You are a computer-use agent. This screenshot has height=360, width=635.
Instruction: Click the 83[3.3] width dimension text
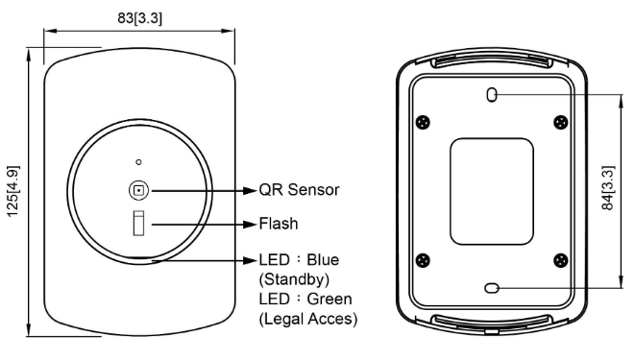coord(139,18)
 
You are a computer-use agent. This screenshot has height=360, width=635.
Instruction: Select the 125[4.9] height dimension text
coord(12,191)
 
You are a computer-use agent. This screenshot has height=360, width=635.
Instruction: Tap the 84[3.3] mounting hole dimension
coord(608,188)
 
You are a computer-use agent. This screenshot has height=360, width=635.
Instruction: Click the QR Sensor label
coord(300,190)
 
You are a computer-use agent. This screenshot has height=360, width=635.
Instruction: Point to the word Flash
coord(279,224)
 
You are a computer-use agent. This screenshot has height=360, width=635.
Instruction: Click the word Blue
coord(323,260)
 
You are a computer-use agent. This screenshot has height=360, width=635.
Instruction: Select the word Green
coord(330,299)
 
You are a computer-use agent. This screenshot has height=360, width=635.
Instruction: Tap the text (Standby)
coord(294,279)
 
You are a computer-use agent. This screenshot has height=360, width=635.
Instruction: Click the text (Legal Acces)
coord(308,319)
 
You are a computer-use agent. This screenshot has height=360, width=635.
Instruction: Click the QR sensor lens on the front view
coord(139,190)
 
